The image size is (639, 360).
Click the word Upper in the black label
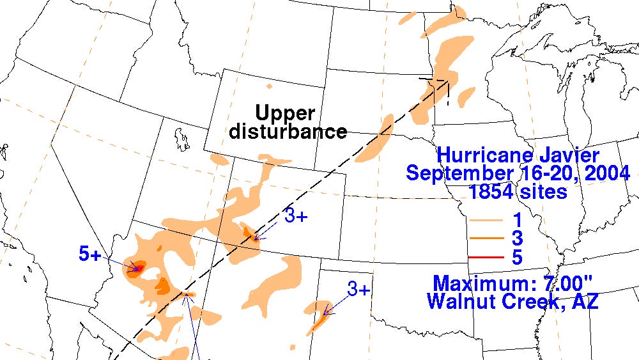pos(285,114)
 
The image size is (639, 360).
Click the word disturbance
pos(288,132)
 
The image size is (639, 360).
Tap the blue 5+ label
pos(90,254)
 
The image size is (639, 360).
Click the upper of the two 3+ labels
pos(296,216)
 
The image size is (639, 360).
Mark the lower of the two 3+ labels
pos(359,290)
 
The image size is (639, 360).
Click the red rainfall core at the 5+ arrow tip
pos(136,268)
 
